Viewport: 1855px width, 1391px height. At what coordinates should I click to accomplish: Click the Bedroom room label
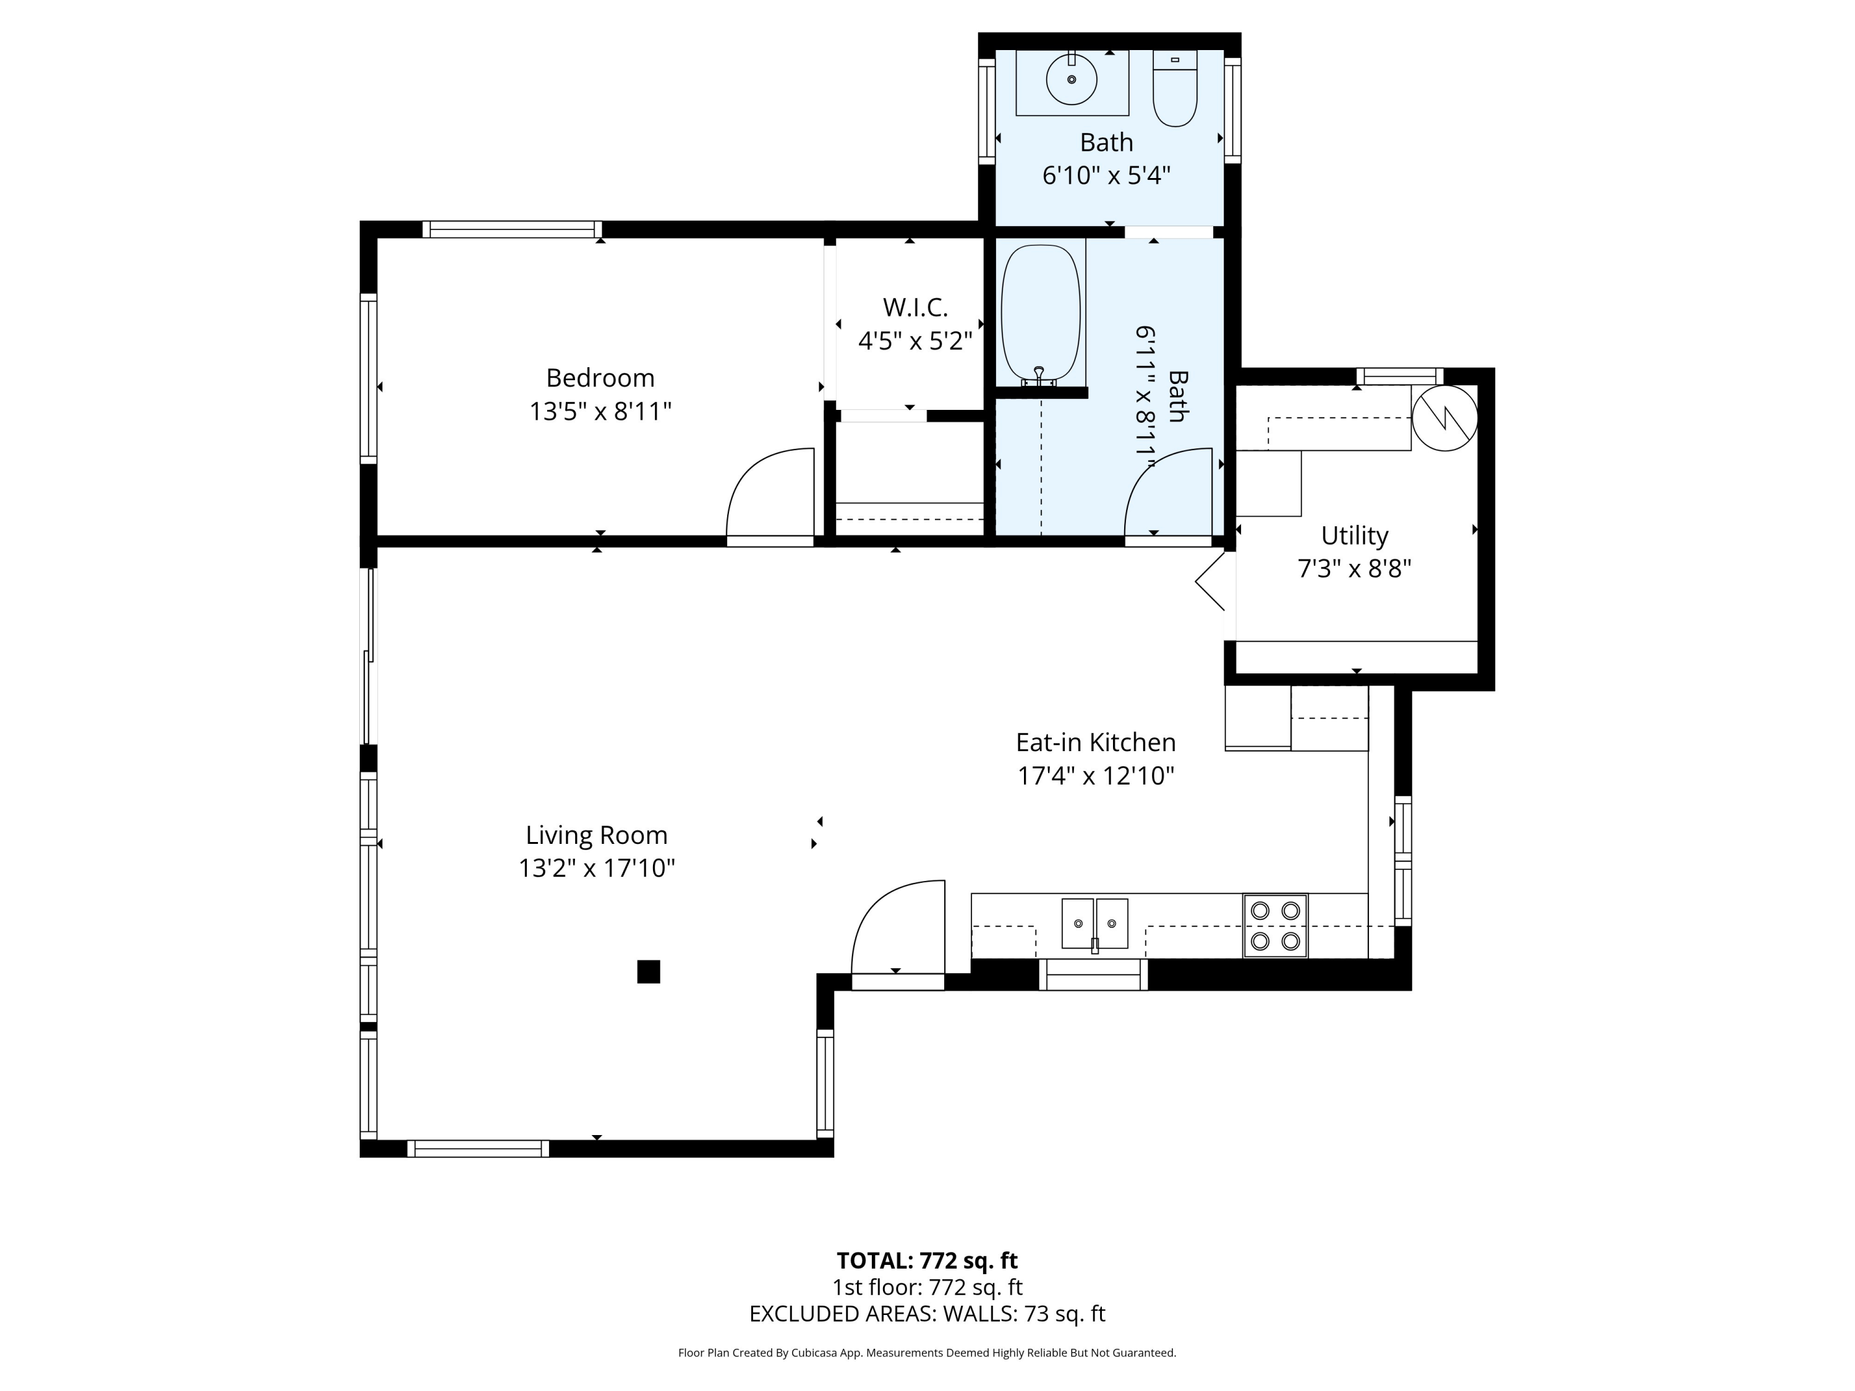(x=600, y=378)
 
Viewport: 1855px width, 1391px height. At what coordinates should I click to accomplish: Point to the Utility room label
(x=1354, y=536)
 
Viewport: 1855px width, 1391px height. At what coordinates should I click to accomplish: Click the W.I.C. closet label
(x=915, y=308)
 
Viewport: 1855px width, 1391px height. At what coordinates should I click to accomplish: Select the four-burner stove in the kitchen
(x=1274, y=925)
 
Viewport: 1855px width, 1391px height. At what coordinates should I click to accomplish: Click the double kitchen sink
(x=1094, y=924)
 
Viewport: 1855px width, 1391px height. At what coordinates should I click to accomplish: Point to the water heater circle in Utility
(x=1444, y=417)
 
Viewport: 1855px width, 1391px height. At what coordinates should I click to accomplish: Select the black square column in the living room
(x=648, y=972)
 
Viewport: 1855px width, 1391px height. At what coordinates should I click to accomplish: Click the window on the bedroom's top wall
(x=511, y=229)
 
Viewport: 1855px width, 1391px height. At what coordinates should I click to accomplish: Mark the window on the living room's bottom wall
(x=478, y=1149)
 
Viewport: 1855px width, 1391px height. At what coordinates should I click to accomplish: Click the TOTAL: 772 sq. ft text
(x=927, y=1260)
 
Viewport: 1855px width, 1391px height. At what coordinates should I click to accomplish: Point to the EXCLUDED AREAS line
(x=927, y=1314)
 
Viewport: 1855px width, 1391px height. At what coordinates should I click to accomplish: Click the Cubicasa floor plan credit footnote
(x=927, y=1353)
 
